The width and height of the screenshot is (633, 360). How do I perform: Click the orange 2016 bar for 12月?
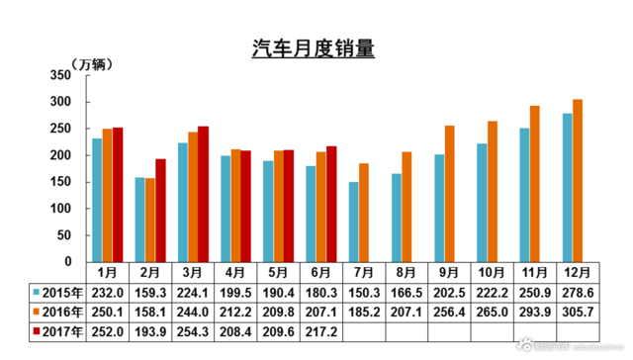[x=578, y=180]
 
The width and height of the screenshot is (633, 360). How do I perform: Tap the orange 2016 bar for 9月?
[x=449, y=194]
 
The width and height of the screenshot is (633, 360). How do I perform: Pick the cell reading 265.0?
[x=489, y=312]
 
